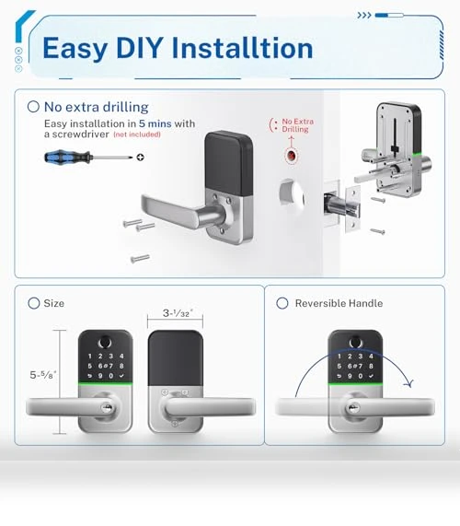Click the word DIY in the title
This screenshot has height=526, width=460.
(x=140, y=48)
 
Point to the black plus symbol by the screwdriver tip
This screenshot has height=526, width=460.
(x=141, y=157)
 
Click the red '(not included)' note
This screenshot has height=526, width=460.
(x=137, y=134)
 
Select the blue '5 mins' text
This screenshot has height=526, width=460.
(x=155, y=123)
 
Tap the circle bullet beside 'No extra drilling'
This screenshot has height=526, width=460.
(x=33, y=107)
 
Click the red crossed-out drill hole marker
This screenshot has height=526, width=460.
(x=291, y=157)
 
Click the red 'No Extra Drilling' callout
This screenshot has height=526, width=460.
(x=294, y=125)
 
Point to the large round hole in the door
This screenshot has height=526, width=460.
(x=292, y=195)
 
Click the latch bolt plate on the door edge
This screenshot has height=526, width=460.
(x=352, y=209)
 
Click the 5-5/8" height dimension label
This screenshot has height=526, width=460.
(x=43, y=374)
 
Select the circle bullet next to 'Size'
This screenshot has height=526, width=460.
(x=33, y=303)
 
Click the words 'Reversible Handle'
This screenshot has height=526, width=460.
(x=339, y=303)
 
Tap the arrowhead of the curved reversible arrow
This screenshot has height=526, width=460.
(x=409, y=383)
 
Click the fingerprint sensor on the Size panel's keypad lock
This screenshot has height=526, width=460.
(x=105, y=343)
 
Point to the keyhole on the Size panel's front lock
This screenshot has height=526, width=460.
(x=107, y=407)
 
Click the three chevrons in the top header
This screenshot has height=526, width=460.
(x=364, y=16)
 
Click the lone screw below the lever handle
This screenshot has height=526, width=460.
(x=140, y=258)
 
